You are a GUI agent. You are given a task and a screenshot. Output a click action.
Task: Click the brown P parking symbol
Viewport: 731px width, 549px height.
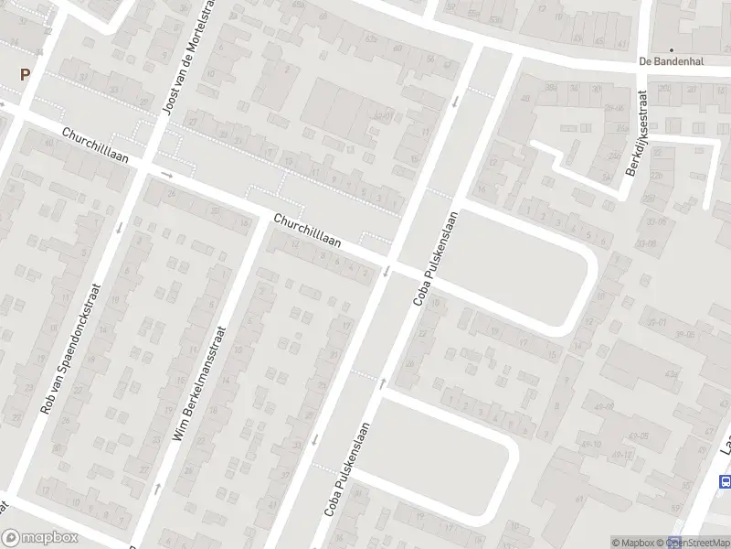point(25,76)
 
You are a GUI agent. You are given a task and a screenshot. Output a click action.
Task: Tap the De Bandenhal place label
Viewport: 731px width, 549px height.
point(671,61)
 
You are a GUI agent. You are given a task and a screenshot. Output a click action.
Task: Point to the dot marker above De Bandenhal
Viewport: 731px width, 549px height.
point(672,50)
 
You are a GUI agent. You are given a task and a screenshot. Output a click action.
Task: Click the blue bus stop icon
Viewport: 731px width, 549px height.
point(726,481)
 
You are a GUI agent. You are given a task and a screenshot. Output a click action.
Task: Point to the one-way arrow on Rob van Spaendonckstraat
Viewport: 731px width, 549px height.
point(120,226)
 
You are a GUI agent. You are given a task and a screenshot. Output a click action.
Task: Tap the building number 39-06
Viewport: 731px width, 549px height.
point(677,335)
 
